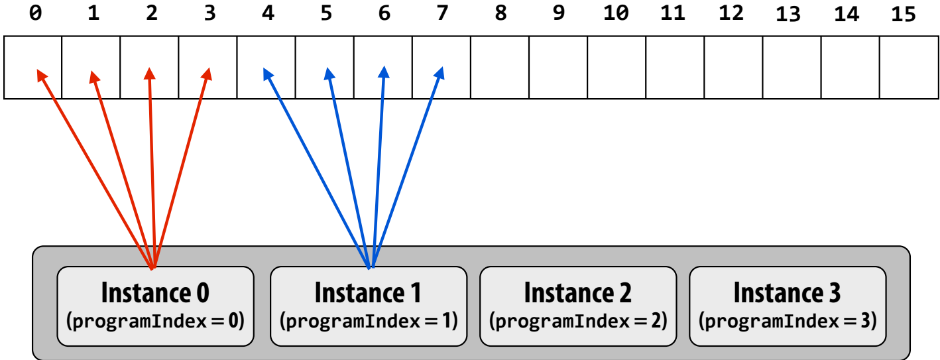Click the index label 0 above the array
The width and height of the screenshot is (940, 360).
tap(36, 13)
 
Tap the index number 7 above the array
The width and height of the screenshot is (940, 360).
tap(442, 13)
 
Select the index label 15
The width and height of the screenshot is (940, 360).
tap(904, 15)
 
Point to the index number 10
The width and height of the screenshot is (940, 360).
tap(616, 13)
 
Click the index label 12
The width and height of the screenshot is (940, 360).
tap(731, 13)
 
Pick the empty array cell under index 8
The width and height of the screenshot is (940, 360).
tap(500, 67)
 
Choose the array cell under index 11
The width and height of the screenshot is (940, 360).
tap(675, 67)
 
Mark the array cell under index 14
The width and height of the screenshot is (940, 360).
tap(851, 67)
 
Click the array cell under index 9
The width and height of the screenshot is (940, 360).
tap(558, 67)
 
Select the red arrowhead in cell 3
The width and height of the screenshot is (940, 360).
tap(206, 74)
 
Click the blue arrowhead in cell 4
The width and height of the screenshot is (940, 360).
tap(268, 74)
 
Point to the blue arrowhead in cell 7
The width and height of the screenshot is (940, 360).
tap(439, 73)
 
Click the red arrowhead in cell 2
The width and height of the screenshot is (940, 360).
tap(150, 73)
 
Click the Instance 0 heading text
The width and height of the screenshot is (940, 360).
tap(155, 292)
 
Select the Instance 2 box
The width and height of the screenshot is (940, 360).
tap(578, 306)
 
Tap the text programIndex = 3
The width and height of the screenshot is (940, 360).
tap(788, 322)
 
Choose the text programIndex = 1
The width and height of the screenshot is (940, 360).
tap(369, 322)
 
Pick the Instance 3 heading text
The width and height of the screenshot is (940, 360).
tap(788, 292)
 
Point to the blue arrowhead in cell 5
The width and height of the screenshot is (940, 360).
tap(329, 74)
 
